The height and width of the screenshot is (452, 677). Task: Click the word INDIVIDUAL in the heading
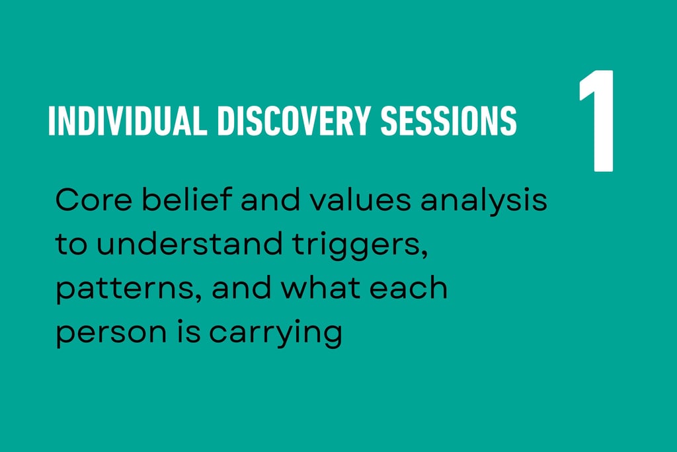tap(128, 120)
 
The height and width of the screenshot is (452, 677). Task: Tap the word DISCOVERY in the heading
tap(294, 120)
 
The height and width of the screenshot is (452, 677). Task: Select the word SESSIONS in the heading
tap(449, 120)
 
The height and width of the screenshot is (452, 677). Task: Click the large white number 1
tap(596, 121)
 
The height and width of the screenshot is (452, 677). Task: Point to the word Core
tap(94, 200)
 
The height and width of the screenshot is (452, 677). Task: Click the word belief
tap(187, 199)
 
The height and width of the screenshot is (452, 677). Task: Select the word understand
tap(189, 243)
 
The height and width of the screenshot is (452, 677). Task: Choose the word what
tap(321, 287)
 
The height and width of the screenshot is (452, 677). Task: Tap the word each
tap(409, 287)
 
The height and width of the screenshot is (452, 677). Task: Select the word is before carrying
tap(188, 332)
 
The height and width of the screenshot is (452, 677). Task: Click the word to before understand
tap(71, 244)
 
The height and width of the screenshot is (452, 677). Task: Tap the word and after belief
tap(270, 199)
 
